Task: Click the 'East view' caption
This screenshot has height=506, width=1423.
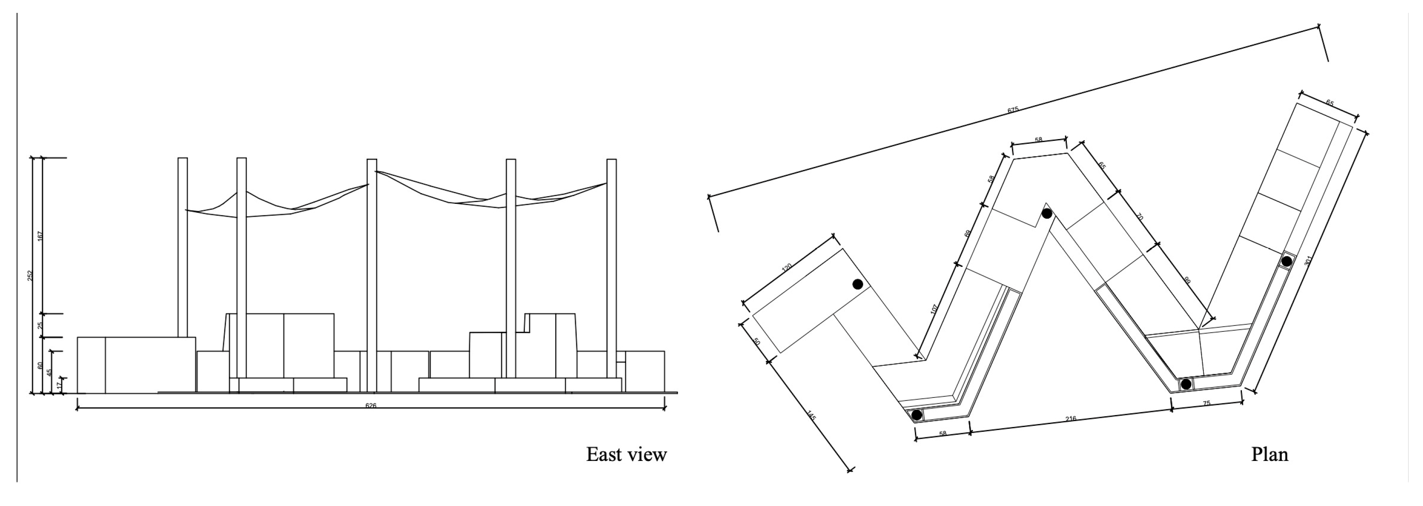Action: tap(627, 454)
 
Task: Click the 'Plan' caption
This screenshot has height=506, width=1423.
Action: tap(1269, 454)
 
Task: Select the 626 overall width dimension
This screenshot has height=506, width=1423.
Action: tap(371, 406)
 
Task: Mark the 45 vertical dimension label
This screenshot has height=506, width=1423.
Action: tap(49, 373)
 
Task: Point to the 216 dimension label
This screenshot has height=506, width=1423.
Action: tap(1071, 419)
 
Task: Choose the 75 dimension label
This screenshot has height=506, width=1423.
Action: tap(1206, 404)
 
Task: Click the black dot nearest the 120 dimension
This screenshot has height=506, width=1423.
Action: tap(857, 284)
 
